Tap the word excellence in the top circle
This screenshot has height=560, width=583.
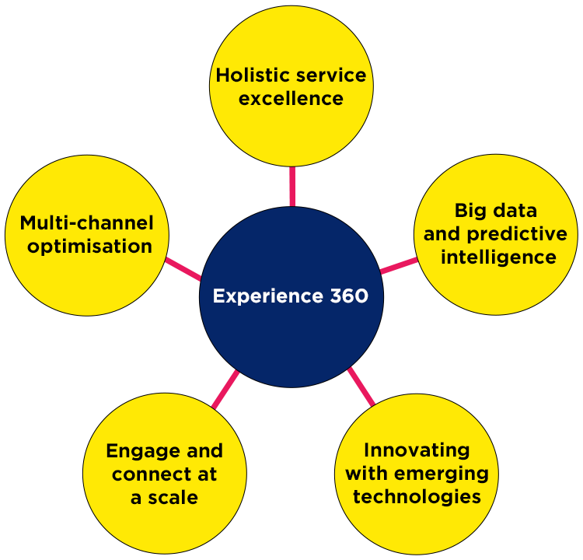click(291, 99)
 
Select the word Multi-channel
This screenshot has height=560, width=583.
click(87, 223)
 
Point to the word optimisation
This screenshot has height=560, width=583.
click(87, 247)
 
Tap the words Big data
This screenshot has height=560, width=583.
click(495, 211)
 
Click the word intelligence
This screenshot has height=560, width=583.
click(498, 257)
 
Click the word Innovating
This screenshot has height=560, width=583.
click(417, 450)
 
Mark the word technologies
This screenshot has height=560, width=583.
click(417, 496)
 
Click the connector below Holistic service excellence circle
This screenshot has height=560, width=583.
click(292, 180)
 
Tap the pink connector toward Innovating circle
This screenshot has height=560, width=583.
click(359, 387)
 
